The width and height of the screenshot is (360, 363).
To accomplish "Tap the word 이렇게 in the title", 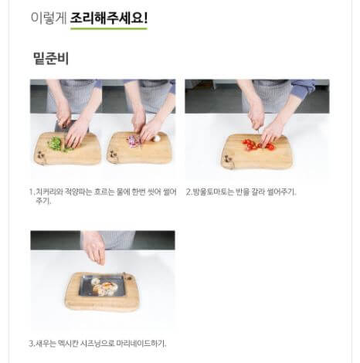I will pyautogui.click(x=49, y=16).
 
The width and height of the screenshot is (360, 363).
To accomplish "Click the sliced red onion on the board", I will pyautogui.click(x=133, y=141).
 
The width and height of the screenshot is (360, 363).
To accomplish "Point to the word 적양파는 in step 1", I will pyautogui.click(x=76, y=192).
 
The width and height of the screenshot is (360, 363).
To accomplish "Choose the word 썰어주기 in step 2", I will pyautogui.click(x=281, y=192).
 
